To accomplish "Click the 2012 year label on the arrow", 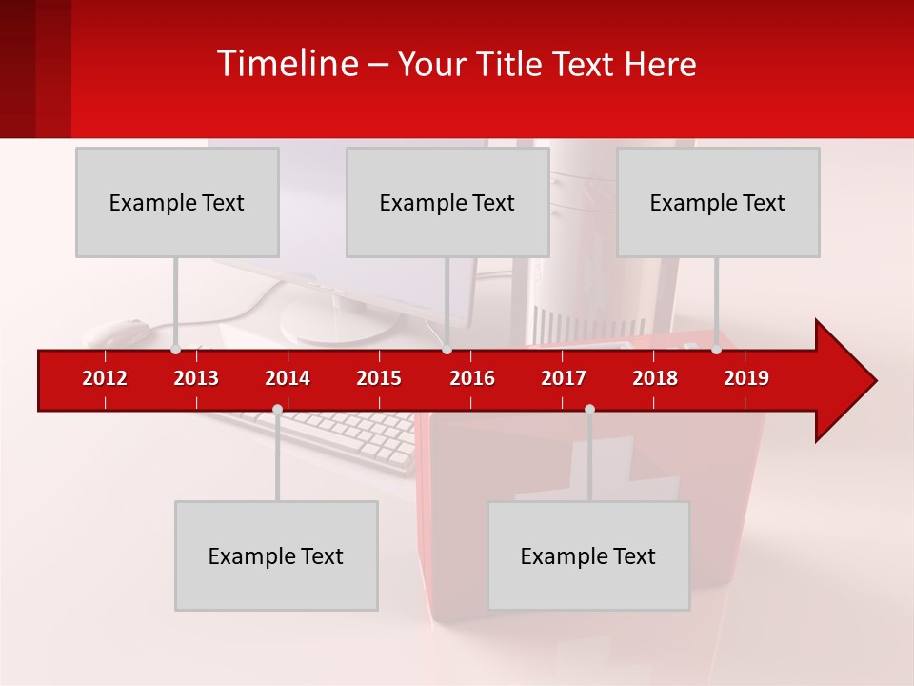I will [x=105, y=378].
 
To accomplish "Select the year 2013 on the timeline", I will [x=196, y=378].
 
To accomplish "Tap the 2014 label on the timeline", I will [x=288, y=378].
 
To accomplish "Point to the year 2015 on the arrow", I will [x=379, y=378].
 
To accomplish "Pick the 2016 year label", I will [x=472, y=378].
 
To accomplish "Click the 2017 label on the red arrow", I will [x=564, y=378].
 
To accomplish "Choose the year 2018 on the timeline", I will [x=655, y=378].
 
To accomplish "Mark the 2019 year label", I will [x=746, y=378].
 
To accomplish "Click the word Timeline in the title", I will [x=287, y=64].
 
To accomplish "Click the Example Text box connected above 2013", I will [x=177, y=202].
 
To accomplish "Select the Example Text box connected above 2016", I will [x=447, y=202].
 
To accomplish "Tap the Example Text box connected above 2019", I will [x=718, y=202].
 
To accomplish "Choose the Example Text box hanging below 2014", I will [x=276, y=555].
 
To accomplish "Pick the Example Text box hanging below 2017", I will [x=588, y=555].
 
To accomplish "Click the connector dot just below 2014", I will [x=277, y=409].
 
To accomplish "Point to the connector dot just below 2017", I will [x=589, y=409].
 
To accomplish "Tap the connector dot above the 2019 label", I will [x=717, y=350].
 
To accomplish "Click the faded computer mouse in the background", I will [x=119, y=333].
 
